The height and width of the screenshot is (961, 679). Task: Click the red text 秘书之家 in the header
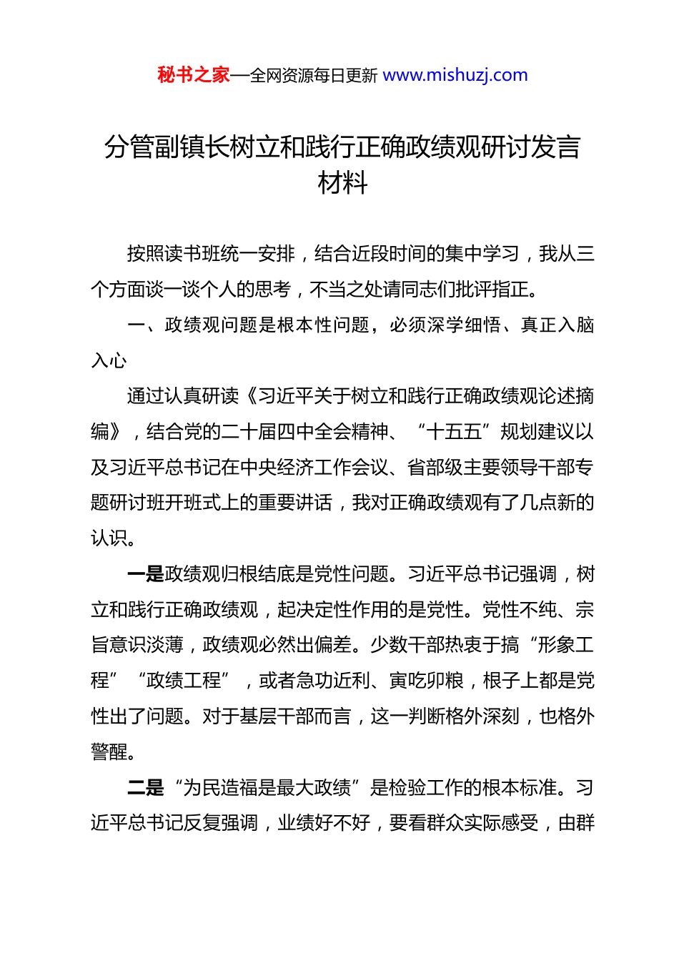point(194,75)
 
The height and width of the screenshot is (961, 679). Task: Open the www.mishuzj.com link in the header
point(455,75)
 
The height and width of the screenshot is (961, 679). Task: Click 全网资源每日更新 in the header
point(313,76)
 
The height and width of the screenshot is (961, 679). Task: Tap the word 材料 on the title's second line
point(342,184)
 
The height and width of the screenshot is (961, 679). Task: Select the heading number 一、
point(145,325)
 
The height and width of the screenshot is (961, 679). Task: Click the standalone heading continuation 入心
point(109,360)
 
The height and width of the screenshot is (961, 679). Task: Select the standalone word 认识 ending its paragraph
point(109,538)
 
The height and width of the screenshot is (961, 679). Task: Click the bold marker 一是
point(145,574)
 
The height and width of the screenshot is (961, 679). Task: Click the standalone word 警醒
point(109,751)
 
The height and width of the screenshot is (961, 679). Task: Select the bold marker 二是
point(145,788)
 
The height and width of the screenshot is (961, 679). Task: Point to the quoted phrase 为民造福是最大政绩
point(267,788)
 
